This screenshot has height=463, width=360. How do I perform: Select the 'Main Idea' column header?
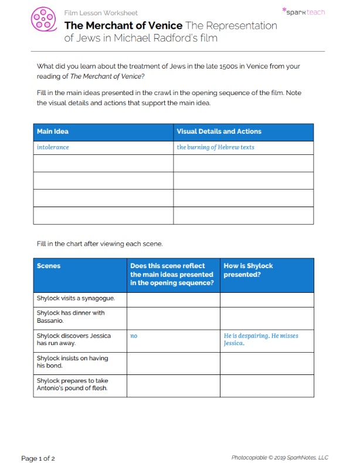click(53, 131)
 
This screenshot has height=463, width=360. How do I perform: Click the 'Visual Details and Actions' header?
click(219, 131)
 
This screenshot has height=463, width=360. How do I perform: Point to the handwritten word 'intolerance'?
click(53, 147)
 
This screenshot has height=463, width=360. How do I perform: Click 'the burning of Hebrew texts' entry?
click(215, 147)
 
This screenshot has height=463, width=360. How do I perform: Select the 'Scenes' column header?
click(48, 266)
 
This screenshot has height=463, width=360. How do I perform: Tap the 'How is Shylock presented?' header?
click(248, 270)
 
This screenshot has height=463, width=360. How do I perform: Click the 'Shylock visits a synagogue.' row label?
click(76, 298)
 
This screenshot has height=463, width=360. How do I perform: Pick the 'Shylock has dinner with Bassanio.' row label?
click(70, 317)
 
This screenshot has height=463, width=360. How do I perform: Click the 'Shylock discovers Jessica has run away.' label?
click(74, 340)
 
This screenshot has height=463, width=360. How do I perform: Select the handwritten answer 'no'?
click(134, 336)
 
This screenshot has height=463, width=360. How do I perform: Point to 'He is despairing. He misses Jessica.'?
click(261, 340)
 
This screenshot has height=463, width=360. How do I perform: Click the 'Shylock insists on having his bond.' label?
click(72, 362)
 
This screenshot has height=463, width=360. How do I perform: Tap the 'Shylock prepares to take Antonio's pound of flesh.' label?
click(76, 384)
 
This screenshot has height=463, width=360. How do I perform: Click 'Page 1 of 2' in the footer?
click(38, 458)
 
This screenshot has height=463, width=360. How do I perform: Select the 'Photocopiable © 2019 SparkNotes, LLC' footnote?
click(280, 458)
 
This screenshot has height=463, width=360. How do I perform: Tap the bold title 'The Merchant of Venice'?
click(123, 25)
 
